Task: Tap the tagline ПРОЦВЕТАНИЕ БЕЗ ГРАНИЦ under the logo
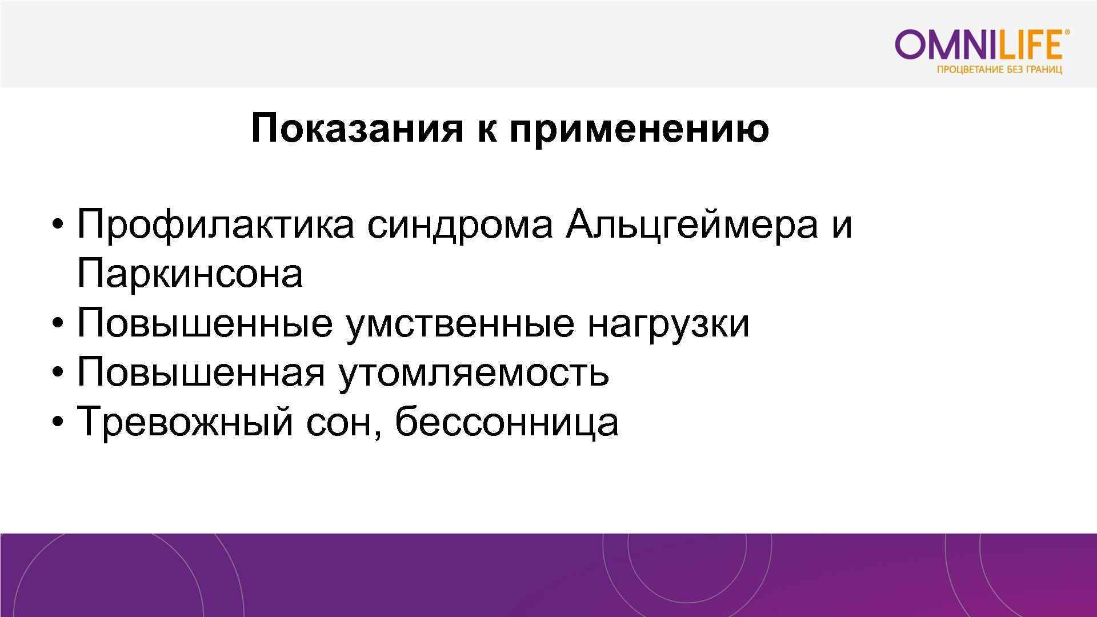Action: (999, 70)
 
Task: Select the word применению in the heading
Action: (639, 130)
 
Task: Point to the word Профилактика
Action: (215, 225)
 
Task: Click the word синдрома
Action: (459, 225)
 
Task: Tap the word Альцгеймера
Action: (691, 225)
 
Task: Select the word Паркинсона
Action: (190, 274)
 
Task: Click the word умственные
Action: (460, 324)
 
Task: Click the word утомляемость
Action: (474, 373)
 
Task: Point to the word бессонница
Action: (506, 422)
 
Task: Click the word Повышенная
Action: (201, 373)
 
